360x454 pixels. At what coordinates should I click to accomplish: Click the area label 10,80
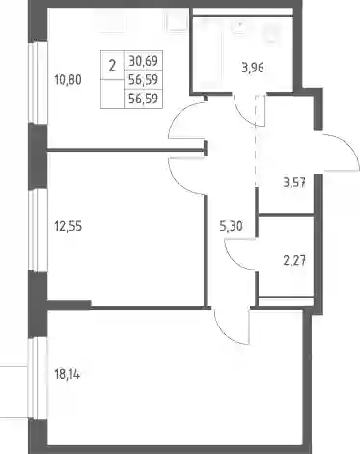click(69, 80)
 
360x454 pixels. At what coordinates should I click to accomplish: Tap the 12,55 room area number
click(69, 226)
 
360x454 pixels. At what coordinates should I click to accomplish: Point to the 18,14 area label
click(68, 375)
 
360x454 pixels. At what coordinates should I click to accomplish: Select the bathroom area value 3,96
click(253, 68)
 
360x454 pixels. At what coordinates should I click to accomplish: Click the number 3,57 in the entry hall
click(294, 184)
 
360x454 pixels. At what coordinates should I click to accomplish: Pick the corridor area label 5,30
click(231, 226)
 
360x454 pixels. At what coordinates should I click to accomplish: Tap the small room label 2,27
click(294, 260)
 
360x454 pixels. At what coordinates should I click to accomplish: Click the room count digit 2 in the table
click(112, 67)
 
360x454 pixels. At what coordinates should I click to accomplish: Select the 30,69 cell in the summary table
click(143, 61)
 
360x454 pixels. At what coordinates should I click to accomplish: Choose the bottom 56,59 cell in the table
click(143, 99)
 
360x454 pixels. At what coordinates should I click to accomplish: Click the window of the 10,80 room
click(38, 83)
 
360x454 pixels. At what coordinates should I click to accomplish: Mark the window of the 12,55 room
click(38, 230)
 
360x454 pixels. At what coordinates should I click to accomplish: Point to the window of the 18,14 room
click(38, 379)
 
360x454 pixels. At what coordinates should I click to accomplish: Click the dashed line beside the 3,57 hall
click(256, 141)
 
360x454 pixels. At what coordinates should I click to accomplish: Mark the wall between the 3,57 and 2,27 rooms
click(287, 214)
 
